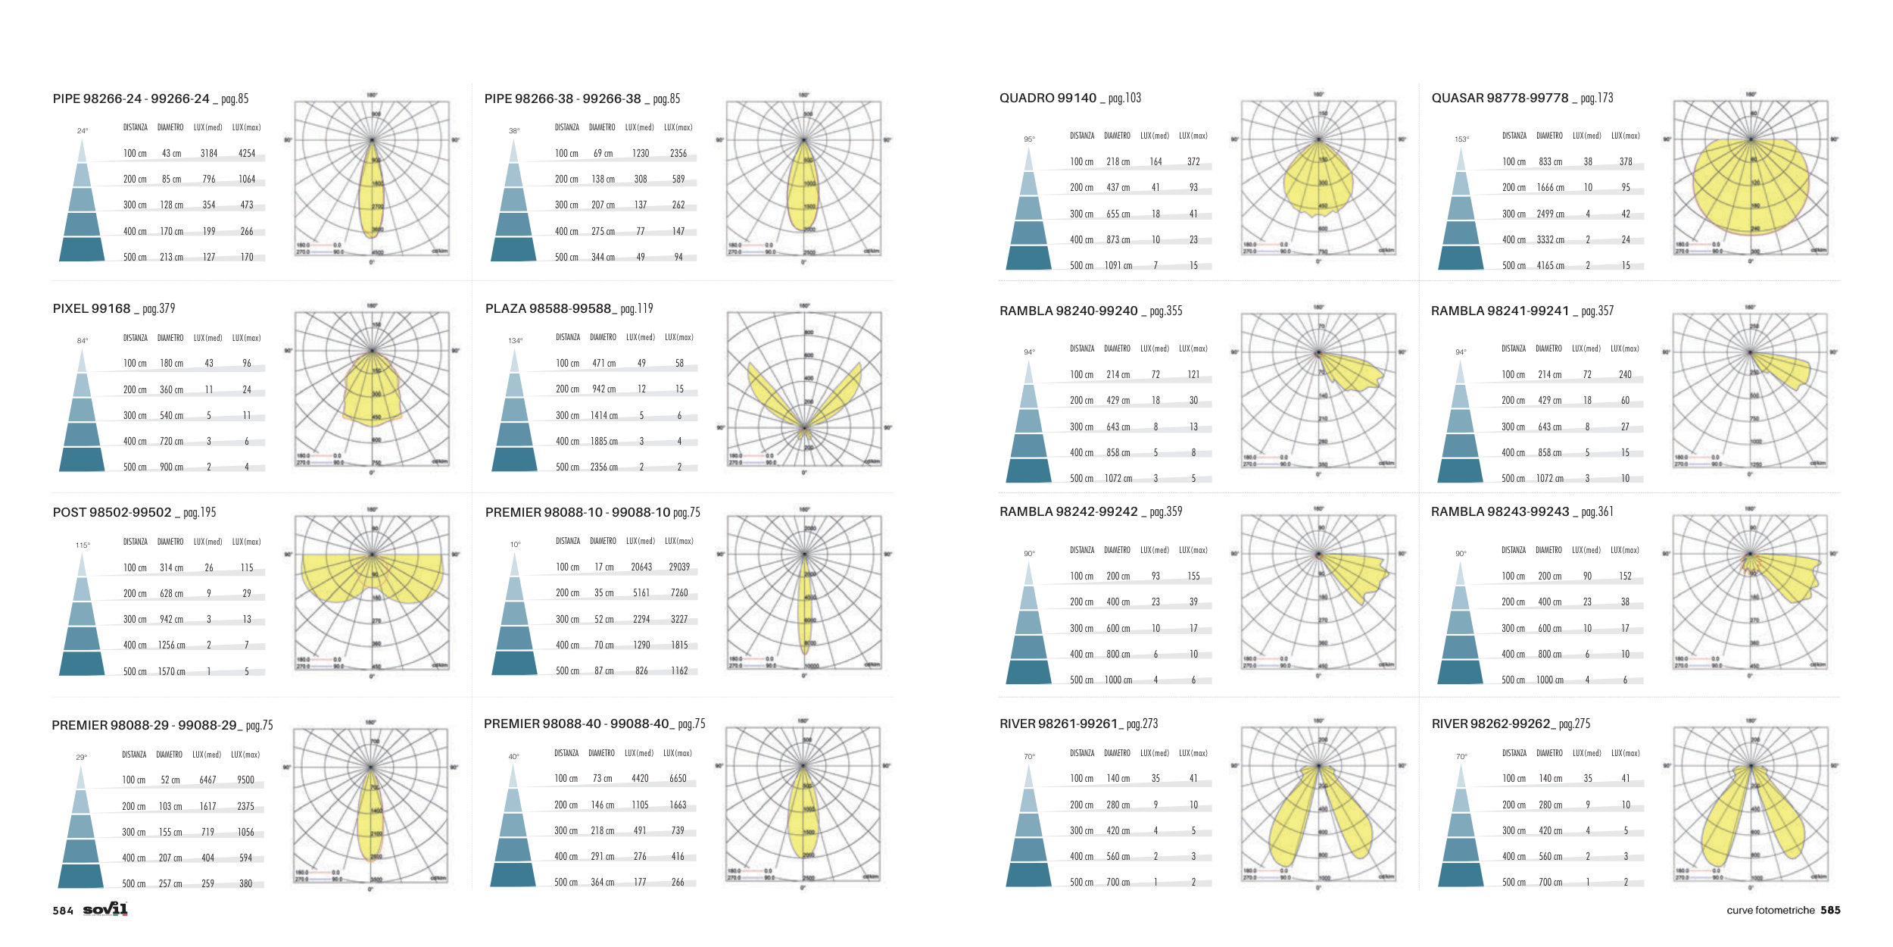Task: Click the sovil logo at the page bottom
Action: pos(105,909)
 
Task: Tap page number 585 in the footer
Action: pos(1830,910)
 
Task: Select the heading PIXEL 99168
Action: pos(92,308)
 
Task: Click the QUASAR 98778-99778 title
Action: pos(1499,98)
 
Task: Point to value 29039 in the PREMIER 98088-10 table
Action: pos(679,567)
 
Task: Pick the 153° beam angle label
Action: pos(1461,139)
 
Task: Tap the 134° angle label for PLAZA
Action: pos(515,341)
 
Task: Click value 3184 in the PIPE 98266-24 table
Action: pos(209,153)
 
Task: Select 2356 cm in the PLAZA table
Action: pos(603,467)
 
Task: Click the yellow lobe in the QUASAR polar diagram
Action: pos(1749,186)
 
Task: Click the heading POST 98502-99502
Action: pos(112,512)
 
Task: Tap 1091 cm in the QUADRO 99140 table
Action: pos(1118,265)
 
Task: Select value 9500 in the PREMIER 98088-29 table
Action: pos(245,780)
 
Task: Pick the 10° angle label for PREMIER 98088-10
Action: pos(515,545)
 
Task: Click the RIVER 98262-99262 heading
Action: pos(1491,724)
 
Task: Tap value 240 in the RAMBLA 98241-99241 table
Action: pos(1625,374)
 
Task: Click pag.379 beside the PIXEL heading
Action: pos(159,308)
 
